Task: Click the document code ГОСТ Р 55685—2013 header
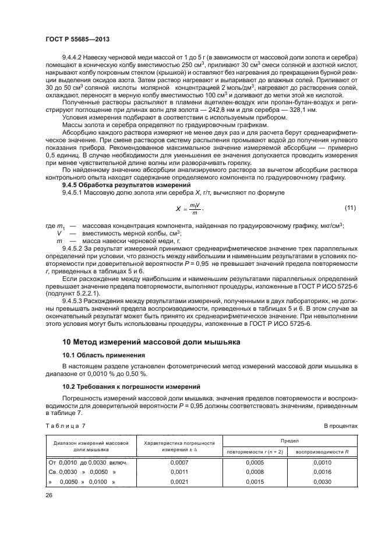tap(77, 38)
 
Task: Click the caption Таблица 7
tap(65, 426)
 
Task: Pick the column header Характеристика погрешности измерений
tap(180, 447)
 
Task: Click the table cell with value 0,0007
tap(180, 463)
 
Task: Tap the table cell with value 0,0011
tap(180, 473)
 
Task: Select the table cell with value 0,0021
tap(180, 483)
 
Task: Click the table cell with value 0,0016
tap(322, 473)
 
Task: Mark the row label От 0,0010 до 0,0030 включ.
tap(87, 463)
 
